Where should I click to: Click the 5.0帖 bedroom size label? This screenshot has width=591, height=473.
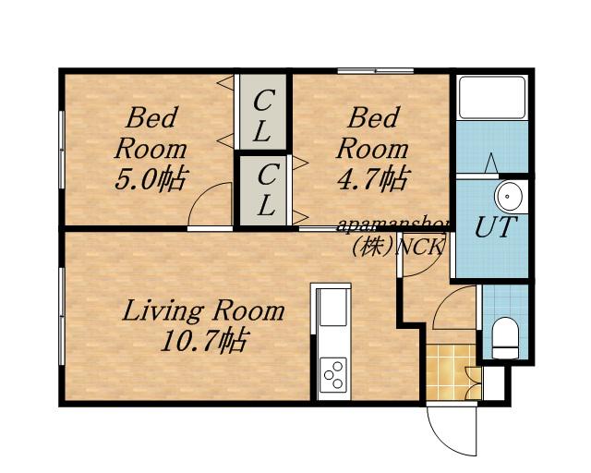[x=151, y=179]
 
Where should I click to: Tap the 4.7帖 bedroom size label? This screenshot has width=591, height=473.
[x=372, y=179]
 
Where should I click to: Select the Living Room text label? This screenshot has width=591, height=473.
[x=203, y=310]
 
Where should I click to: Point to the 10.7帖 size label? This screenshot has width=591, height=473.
[x=204, y=340]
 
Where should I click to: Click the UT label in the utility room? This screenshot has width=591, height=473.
[x=494, y=227]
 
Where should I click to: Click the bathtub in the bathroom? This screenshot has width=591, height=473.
[x=492, y=97]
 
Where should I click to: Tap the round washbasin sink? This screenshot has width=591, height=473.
[x=509, y=197]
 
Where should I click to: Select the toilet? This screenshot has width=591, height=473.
[x=505, y=338]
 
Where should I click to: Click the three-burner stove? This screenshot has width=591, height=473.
[x=333, y=374]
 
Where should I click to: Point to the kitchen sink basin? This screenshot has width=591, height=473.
[x=332, y=308]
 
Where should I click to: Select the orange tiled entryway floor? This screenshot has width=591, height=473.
[x=451, y=372]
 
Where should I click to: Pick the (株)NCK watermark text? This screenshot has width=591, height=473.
[x=397, y=248]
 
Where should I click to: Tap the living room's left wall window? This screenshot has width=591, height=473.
[x=62, y=317]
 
